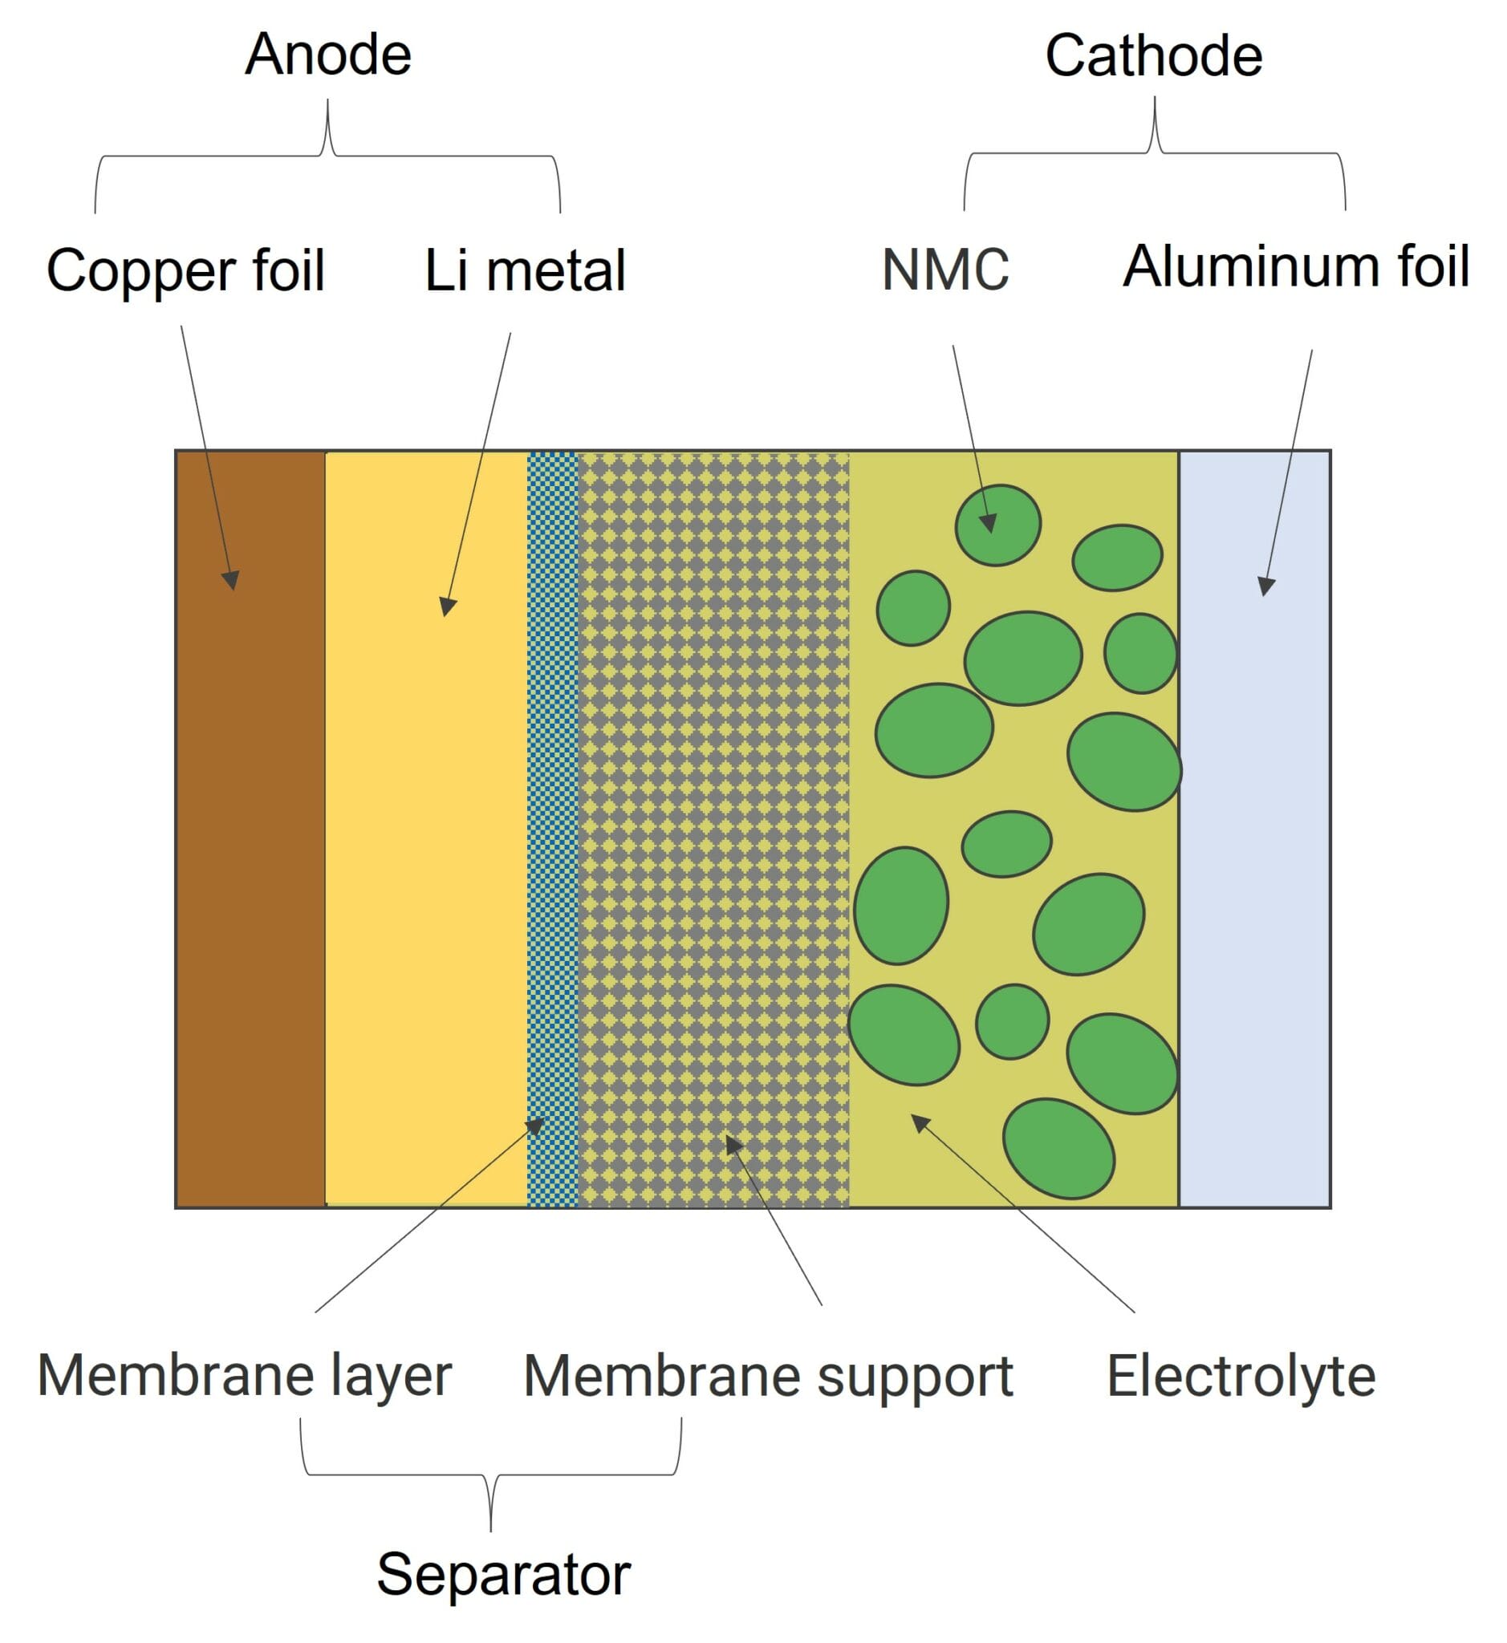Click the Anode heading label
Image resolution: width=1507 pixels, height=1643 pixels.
click(x=328, y=55)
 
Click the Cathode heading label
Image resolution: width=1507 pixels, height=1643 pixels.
click(x=1153, y=56)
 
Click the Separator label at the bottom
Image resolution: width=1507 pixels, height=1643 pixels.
click(x=503, y=1575)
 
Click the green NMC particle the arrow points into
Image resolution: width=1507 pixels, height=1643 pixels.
click(x=997, y=526)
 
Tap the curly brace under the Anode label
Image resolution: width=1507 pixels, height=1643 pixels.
click(x=328, y=155)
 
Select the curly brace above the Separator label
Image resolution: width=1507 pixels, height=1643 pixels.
click(x=490, y=1475)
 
